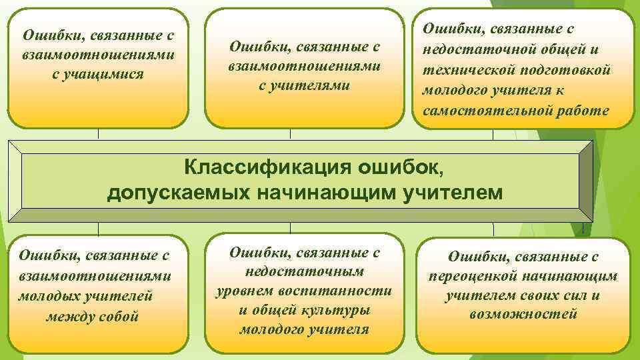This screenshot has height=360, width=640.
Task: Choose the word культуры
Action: point(336,310)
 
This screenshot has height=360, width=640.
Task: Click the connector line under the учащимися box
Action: point(98,133)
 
